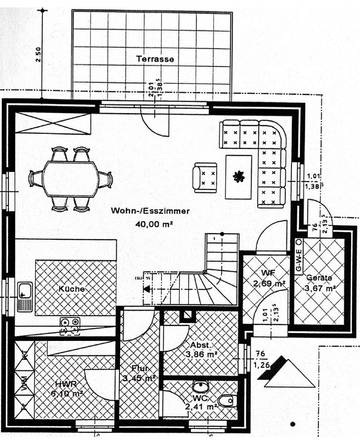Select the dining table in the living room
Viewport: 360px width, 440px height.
click(70, 176)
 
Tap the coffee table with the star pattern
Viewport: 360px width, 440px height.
click(241, 176)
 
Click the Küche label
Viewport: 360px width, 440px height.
click(70, 289)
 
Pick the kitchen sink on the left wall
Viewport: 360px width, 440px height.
click(25, 292)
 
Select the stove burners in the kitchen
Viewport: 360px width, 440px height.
click(69, 322)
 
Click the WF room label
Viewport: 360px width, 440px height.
click(268, 271)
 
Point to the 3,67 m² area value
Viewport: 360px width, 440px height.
click(321, 289)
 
